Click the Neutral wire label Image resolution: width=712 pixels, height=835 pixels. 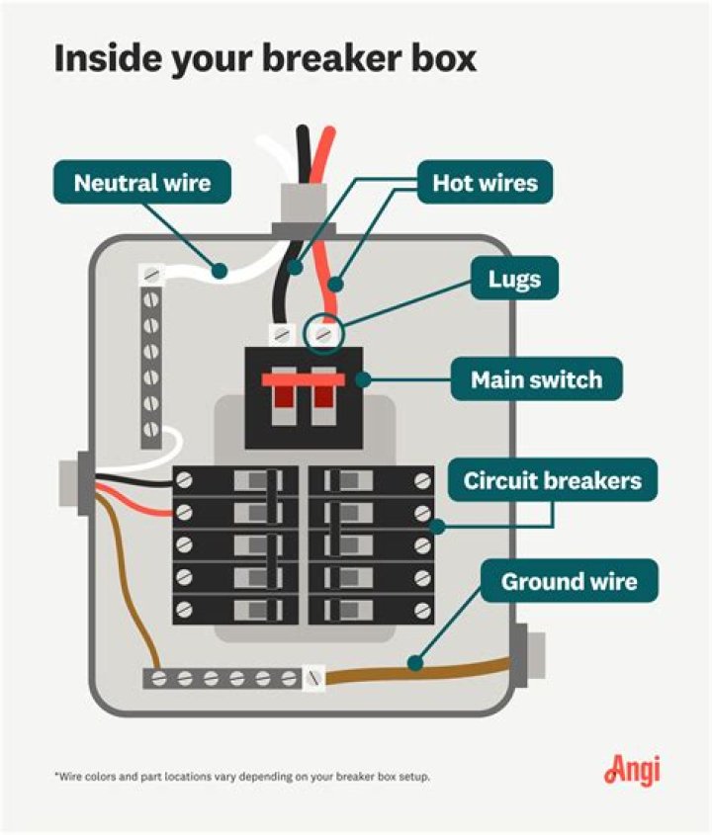pyautogui.click(x=142, y=183)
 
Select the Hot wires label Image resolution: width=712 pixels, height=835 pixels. pyautogui.click(x=485, y=183)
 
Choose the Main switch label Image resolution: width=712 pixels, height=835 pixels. pyautogui.click(x=536, y=379)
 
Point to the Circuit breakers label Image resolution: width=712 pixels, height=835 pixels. pyautogui.click(x=552, y=481)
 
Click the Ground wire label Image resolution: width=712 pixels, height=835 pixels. pyautogui.click(x=568, y=581)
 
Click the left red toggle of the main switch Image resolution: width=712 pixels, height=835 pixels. pyautogui.click(x=280, y=393)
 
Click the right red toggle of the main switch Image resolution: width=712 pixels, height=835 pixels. pyautogui.click(x=322, y=393)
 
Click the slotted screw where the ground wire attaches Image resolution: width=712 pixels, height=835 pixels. pyautogui.click(x=314, y=678)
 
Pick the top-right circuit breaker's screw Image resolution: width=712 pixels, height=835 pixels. pyautogui.click(x=422, y=481)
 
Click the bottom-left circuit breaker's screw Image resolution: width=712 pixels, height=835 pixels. pyautogui.click(x=185, y=607)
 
